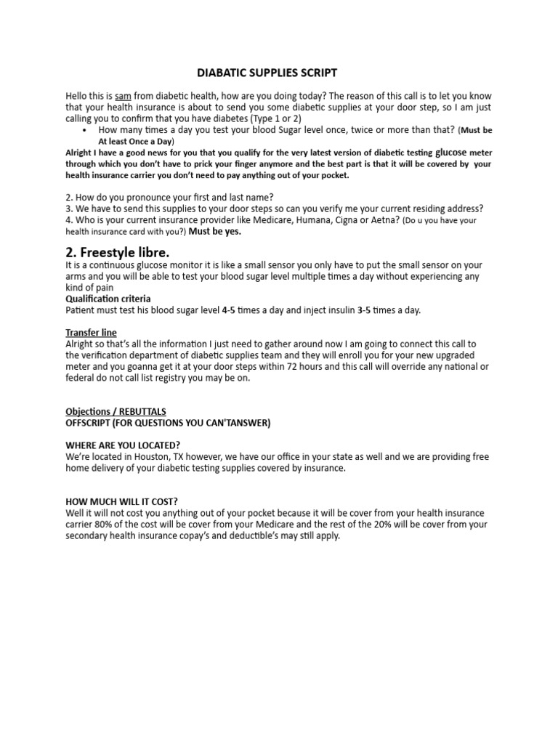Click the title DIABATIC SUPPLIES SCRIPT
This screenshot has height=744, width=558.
pos(267,73)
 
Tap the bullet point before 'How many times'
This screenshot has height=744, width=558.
pos(86,129)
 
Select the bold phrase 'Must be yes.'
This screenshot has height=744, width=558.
pos(215,232)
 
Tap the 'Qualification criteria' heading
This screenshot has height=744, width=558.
pos(108,299)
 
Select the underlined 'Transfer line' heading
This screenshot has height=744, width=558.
pos(91,332)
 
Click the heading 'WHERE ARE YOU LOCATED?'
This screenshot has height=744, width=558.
pos(124,445)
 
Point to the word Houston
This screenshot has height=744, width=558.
pos(148,457)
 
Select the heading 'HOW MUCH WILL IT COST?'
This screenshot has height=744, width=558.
pos(121,501)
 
